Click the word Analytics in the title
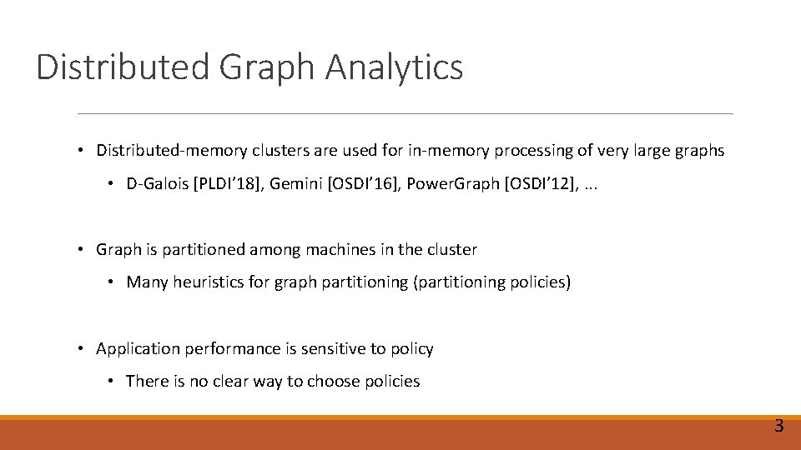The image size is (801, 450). pos(394,67)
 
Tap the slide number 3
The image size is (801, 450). pos(778,427)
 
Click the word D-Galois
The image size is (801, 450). pos(158,183)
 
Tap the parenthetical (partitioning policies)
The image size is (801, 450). pos(491,282)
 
